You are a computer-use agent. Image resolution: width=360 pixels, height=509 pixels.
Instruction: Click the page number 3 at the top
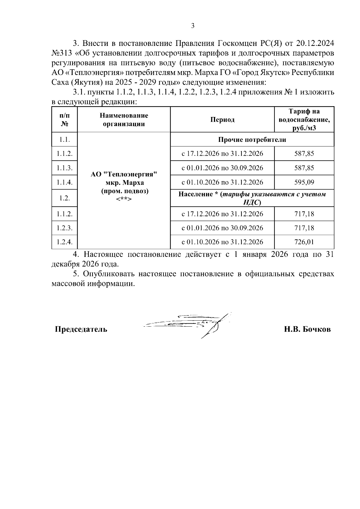pos(193,26)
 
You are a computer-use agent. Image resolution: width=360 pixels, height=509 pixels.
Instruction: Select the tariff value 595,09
pos(304,182)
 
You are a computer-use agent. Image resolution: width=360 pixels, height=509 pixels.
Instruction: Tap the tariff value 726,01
pos(304,242)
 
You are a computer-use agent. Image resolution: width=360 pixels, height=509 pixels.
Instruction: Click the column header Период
pos(222,120)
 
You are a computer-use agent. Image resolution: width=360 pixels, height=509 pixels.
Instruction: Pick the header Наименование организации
pos(124,120)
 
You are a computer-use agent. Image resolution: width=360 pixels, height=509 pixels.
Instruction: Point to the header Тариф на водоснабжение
pos(304,120)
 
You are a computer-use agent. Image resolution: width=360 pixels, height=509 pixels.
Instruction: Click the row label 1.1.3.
pos(64,168)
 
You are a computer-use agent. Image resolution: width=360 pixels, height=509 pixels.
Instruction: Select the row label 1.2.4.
pos(64,242)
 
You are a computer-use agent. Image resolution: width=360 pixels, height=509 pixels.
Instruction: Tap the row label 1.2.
pos(64,198)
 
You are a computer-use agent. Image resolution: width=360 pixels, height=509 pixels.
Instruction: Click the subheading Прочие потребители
pos(252,139)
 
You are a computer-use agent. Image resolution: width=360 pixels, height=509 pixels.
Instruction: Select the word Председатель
pos(81,329)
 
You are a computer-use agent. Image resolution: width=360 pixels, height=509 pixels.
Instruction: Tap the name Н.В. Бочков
pos(307,329)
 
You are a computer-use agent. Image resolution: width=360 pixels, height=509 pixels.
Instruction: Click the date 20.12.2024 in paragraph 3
pos(315,43)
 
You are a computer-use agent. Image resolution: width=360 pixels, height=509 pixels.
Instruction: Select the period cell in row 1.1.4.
pos(222,182)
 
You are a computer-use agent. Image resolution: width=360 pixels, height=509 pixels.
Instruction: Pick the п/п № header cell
pos(64,120)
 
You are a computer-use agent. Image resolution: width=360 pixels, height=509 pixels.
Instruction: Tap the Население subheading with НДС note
pos(252,198)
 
